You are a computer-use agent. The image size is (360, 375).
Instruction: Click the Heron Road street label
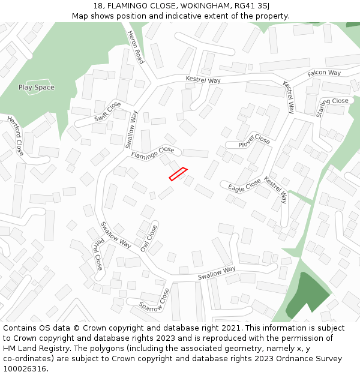pyautogui.click(x=136, y=48)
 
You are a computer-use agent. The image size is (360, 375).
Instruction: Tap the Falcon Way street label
pyautogui.click(x=324, y=73)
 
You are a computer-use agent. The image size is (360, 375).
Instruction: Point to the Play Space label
pyautogui.click(x=36, y=88)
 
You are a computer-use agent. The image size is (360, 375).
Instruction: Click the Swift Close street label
pyautogui.click(x=107, y=112)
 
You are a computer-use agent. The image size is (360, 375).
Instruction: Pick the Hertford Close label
pyautogui.click(x=16, y=136)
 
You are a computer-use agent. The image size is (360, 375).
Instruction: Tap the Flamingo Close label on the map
pyautogui.click(x=153, y=153)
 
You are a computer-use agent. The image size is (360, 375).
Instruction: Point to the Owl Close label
pyautogui.click(x=148, y=238)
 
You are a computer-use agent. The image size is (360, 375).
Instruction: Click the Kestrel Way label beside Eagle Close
pyautogui.click(x=275, y=190)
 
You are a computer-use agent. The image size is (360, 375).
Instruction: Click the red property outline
pyautogui.click(x=178, y=173)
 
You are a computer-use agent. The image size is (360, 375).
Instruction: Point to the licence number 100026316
pyautogui.click(x=25, y=369)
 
